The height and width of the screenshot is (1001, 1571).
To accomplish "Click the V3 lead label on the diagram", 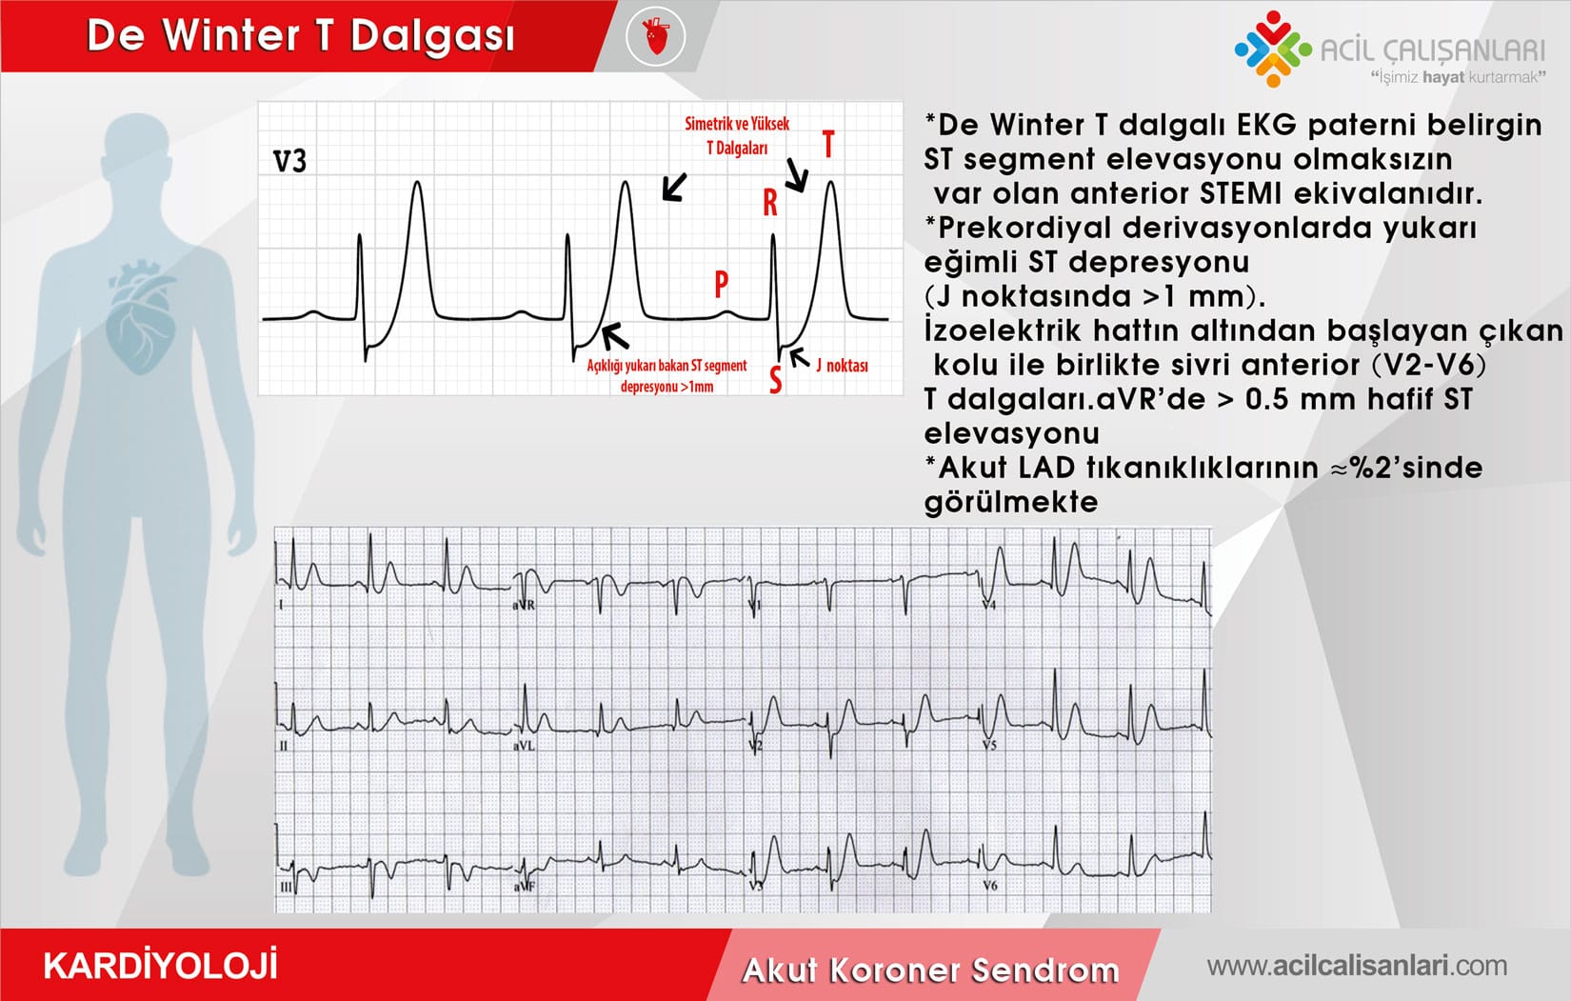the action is pyautogui.click(x=289, y=161).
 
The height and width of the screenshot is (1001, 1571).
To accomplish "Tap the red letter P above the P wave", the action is pyautogui.click(x=721, y=284).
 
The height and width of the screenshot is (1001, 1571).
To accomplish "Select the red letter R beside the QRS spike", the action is pyautogui.click(x=770, y=204).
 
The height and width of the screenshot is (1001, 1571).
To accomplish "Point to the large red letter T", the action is pyautogui.click(x=828, y=145).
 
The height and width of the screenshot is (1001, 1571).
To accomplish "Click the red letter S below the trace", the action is pyautogui.click(x=775, y=379).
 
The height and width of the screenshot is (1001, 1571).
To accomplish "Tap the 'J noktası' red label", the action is pyautogui.click(x=842, y=366).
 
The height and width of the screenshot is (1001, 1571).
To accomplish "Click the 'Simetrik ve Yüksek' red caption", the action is pyautogui.click(x=737, y=124).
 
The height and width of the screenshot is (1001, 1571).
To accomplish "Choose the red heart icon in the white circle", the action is pyautogui.click(x=656, y=36).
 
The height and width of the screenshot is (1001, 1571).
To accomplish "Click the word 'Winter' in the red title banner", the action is pyautogui.click(x=232, y=34).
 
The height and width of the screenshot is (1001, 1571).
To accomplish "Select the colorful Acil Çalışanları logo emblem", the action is pyautogui.click(x=1273, y=50).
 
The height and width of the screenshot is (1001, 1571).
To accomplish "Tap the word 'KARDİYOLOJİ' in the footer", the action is pyautogui.click(x=161, y=966).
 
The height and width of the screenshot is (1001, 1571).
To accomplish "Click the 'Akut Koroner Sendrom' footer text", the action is pyautogui.click(x=930, y=971).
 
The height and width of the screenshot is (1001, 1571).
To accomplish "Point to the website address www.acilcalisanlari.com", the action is pyautogui.click(x=1357, y=966).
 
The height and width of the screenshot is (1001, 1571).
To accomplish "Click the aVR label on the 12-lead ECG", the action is pyautogui.click(x=524, y=605).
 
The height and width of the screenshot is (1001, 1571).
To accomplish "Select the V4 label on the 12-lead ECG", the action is pyautogui.click(x=989, y=605).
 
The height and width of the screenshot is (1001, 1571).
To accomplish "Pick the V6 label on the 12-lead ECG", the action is pyautogui.click(x=990, y=885).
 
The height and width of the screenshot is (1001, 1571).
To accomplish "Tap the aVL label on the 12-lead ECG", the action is pyautogui.click(x=525, y=747).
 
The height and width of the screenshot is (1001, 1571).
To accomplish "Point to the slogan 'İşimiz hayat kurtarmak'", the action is pyautogui.click(x=1458, y=77).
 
